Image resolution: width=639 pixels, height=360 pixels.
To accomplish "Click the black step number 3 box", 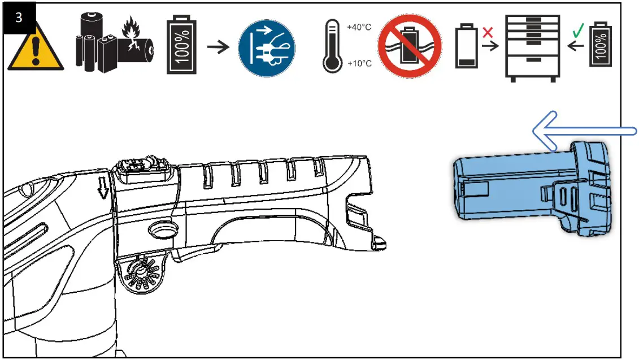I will click(19, 16).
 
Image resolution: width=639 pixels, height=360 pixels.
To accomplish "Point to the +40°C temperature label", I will click(358, 27).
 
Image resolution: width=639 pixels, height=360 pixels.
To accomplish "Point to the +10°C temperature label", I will click(358, 63).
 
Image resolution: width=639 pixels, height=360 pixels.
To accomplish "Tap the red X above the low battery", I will click(488, 29).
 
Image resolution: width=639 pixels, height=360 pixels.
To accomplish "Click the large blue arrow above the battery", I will click(582, 131).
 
